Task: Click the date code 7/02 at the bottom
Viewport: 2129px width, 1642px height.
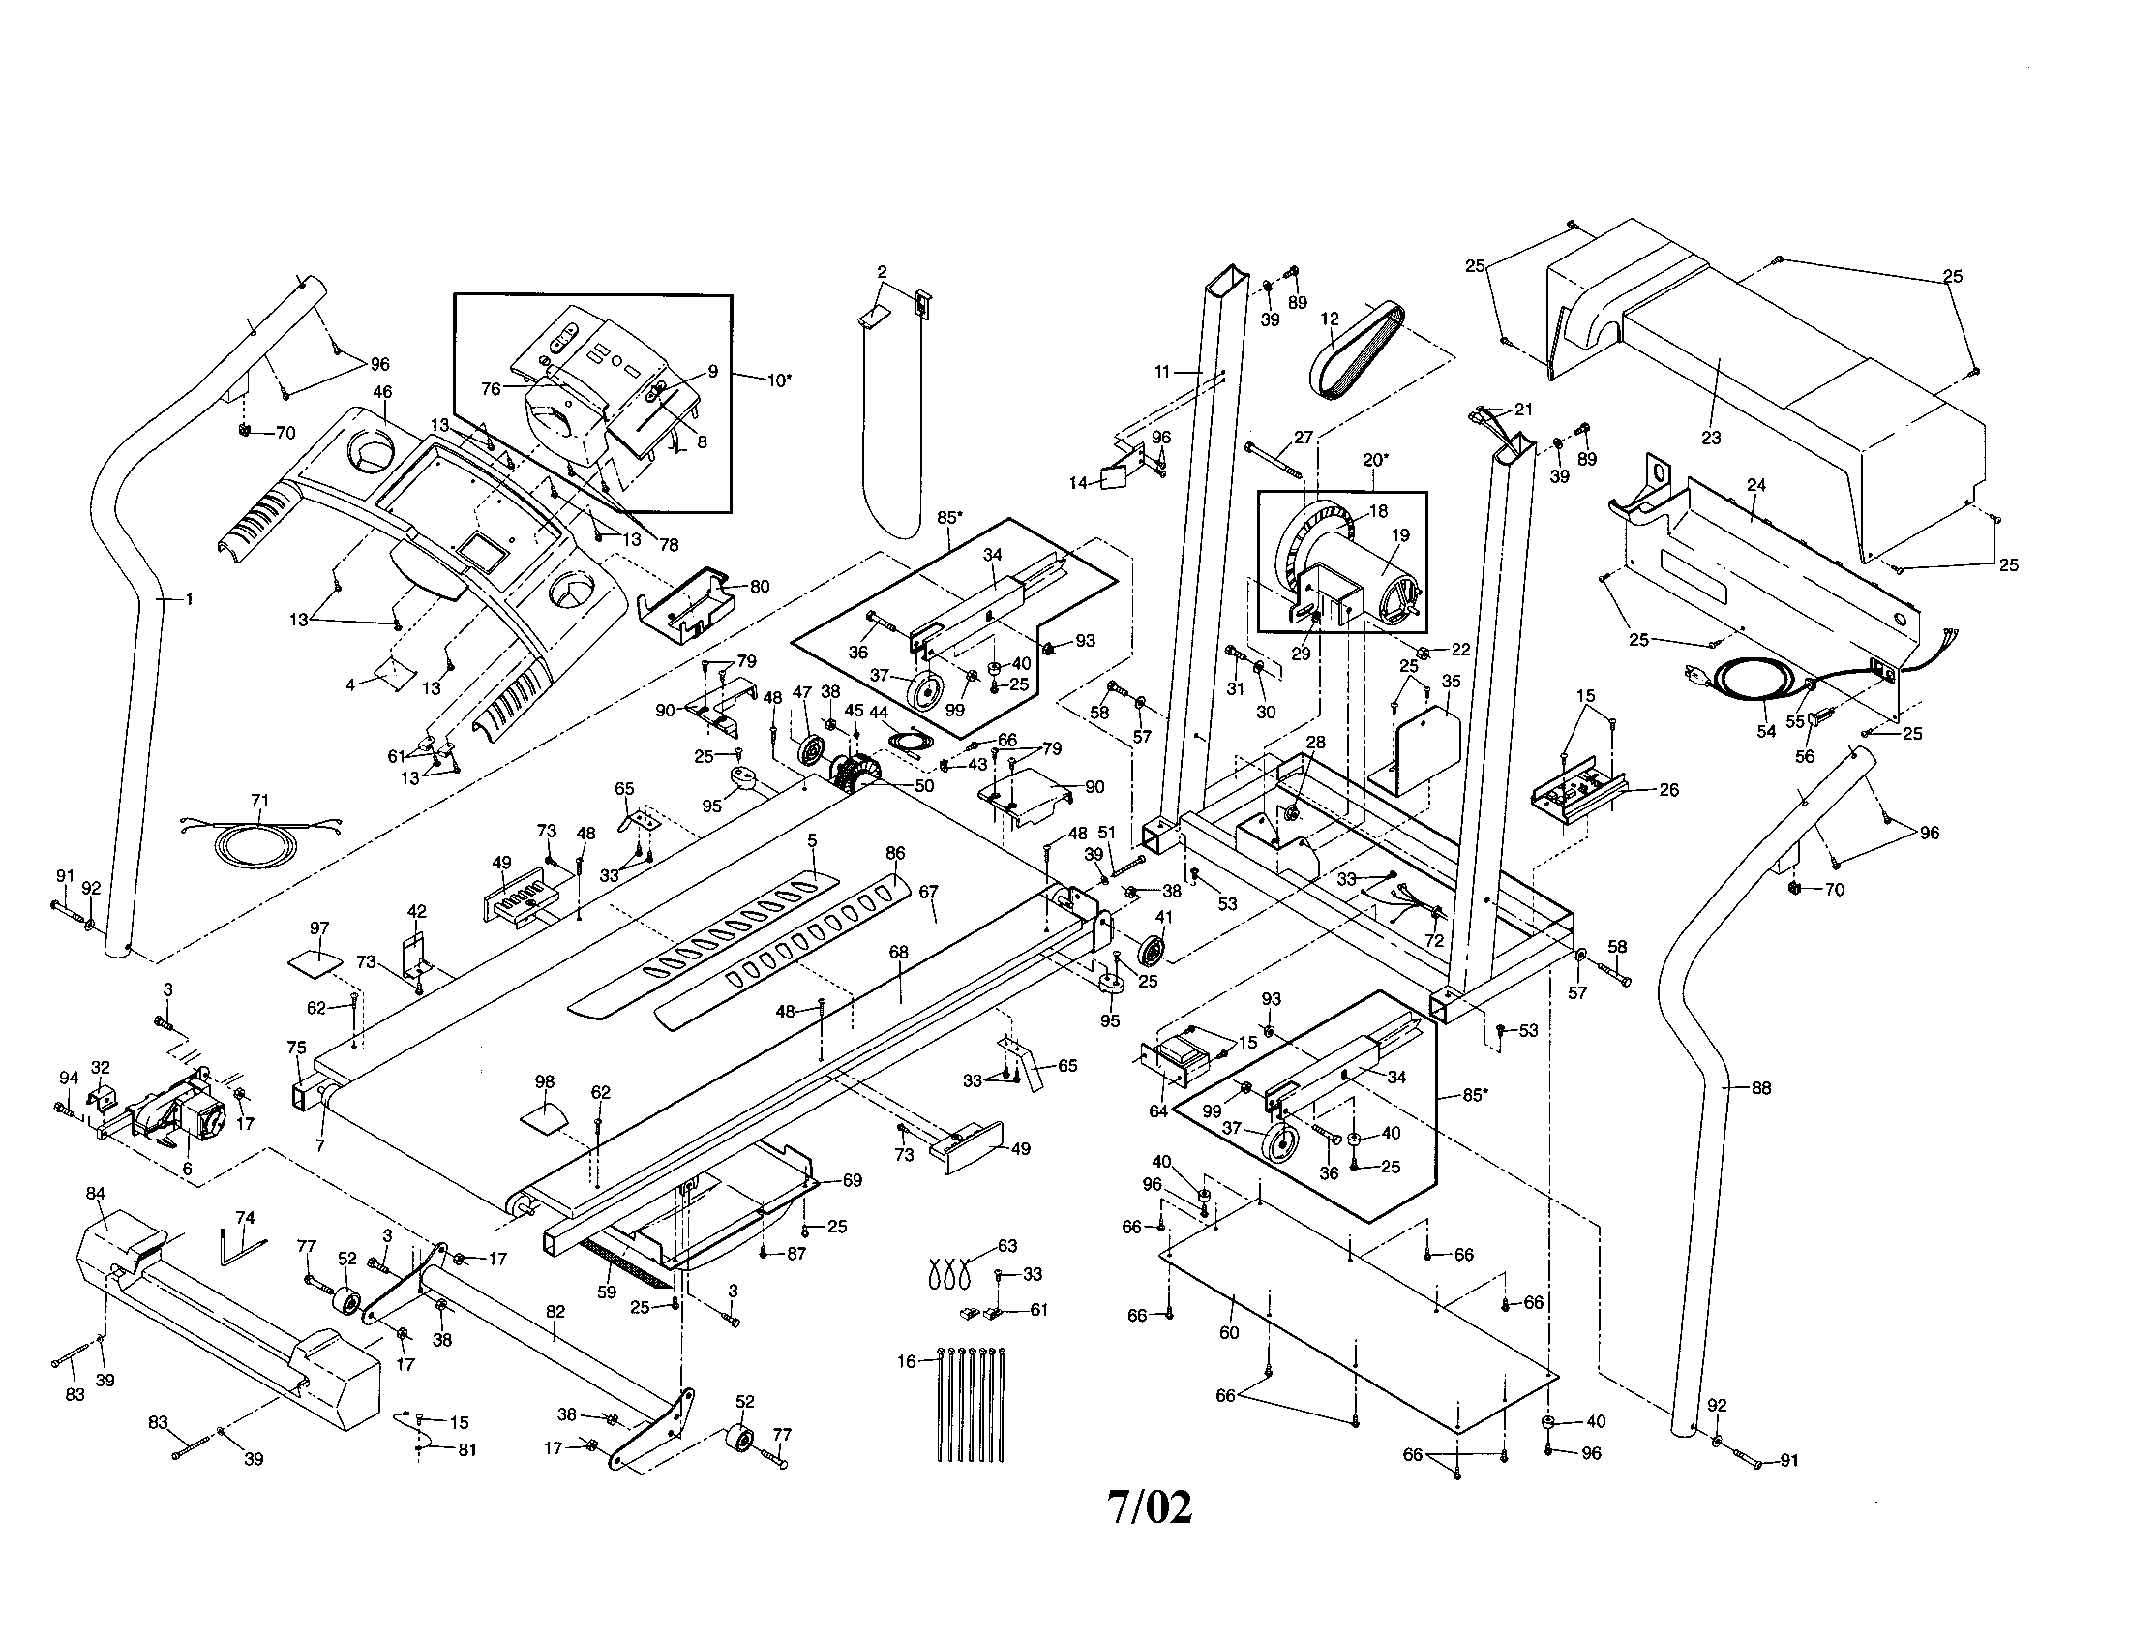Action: coord(1151,1507)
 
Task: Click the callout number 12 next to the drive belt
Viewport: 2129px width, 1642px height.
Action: coord(1329,319)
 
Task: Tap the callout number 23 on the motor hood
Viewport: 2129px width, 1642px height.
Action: coord(1711,438)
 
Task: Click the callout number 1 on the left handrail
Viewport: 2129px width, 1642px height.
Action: coord(189,599)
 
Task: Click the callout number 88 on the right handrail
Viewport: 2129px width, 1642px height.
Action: coord(1760,1088)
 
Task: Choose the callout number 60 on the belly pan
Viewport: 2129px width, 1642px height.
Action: coord(1229,1332)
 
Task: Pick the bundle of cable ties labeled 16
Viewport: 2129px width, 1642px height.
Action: coord(970,1404)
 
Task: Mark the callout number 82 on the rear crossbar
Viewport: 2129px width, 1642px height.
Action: coord(555,1312)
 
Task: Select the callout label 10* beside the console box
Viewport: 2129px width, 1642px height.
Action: coord(777,380)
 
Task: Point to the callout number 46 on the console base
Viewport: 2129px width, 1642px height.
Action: coord(382,392)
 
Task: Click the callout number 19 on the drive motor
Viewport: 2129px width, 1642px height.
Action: coord(1400,535)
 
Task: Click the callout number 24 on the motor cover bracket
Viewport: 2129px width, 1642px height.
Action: coord(1756,485)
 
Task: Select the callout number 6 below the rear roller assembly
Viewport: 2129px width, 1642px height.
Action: coord(187,1169)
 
